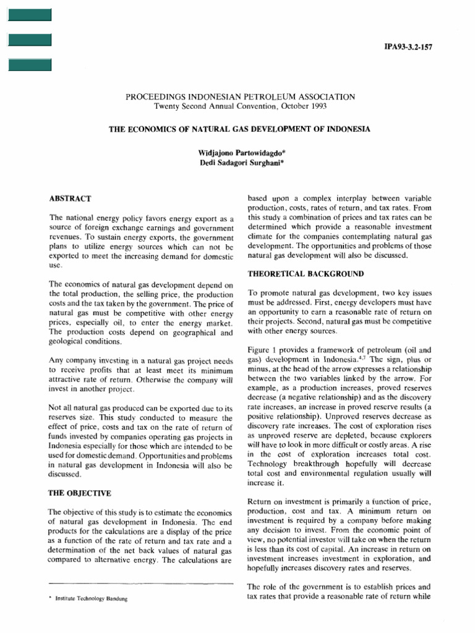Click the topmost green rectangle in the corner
29,15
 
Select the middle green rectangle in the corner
29,40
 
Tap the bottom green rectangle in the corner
29,64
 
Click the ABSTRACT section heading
71,198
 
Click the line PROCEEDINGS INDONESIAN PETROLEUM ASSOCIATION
240,96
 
